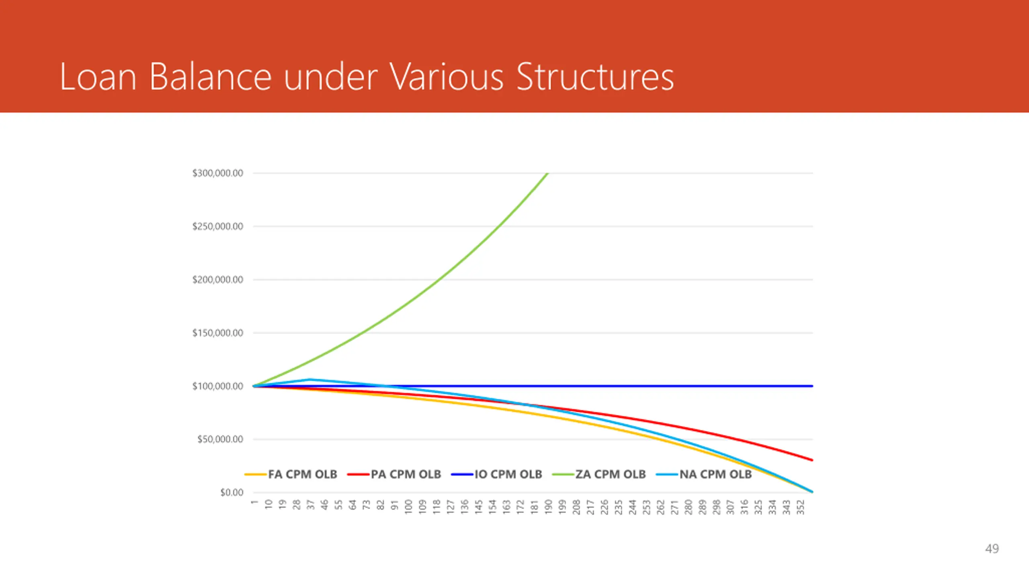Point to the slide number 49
click(992, 548)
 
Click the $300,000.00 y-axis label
click(217, 173)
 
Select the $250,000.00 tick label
click(217, 226)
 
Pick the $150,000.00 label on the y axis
click(217, 333)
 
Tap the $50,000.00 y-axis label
click(220, 439)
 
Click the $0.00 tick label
click(232, 493)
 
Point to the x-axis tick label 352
click(801, 507)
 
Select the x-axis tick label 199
click(562, 507)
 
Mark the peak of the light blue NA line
click(310, 379)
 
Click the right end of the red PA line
click(812, 460)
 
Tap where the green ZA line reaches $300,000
click(547, 173)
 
